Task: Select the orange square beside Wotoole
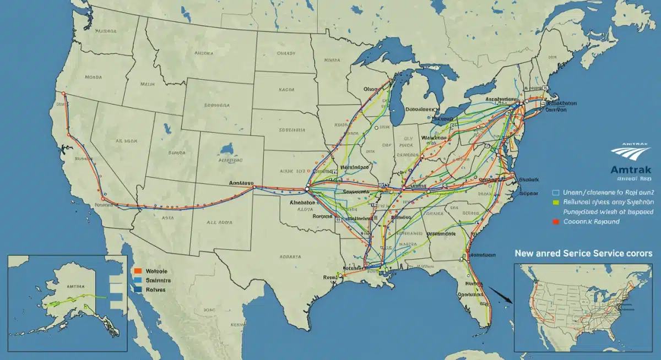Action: (138, 271)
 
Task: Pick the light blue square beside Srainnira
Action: (138, 280)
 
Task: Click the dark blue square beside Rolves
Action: (138, 289)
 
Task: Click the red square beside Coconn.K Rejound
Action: (555, 222)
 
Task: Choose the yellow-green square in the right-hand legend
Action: (555, 203)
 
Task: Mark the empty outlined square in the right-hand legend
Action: (555, 193)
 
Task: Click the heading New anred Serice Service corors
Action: (583, 253)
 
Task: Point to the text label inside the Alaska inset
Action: (75, 287)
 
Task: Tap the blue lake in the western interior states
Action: (226, 149)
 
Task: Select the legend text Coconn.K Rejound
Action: (591, 222)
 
